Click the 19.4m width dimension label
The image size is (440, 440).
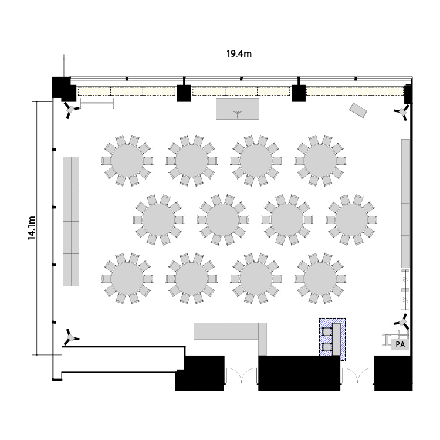click(239, 53)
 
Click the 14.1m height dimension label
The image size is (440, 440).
click(32, 228)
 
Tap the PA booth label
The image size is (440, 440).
click(400, 344)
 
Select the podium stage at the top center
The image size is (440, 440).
click(238, 109)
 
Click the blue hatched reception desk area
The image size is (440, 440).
click(332, 339)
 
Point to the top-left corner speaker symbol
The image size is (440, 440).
click(71, 109)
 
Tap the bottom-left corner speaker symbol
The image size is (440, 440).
click(71, 337)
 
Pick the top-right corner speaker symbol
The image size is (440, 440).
click(402, 112)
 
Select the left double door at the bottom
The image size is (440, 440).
click(241, 375)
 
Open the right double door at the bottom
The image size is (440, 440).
click(357, 375)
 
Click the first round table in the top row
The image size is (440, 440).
click(127, 161)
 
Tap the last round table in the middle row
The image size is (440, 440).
click(351, 220)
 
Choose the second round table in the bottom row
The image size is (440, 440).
click(192, 279)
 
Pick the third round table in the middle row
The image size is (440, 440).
click(287, 220)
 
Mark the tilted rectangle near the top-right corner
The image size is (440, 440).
click(358, 110)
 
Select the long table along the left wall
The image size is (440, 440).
click(71, 221)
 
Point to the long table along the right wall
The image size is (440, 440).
click(405, 204)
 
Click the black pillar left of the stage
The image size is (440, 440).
click(184, 93)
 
